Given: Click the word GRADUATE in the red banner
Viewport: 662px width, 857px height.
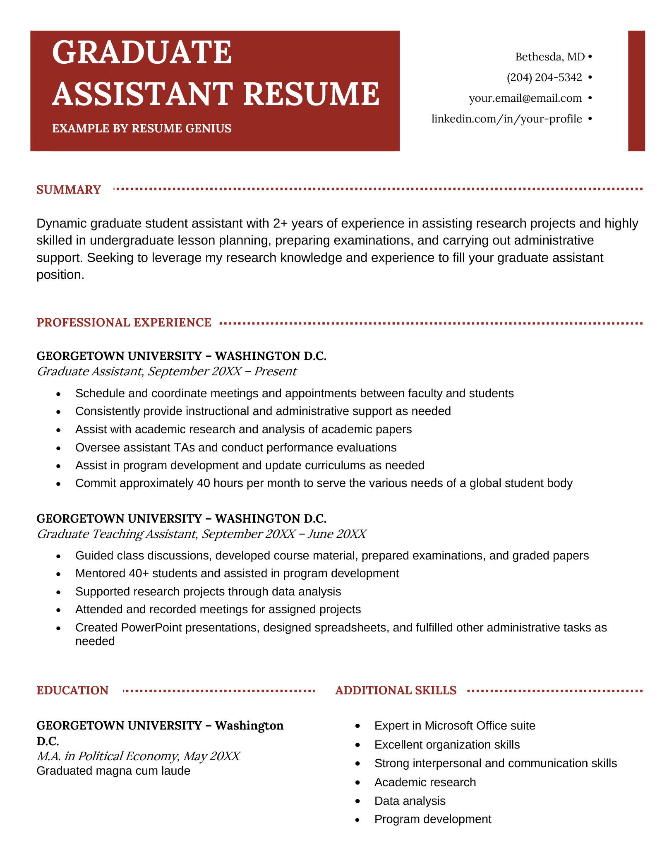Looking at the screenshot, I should click(x=142, y=53).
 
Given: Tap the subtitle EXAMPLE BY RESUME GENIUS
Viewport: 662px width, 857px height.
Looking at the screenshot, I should click(x=142, y=129).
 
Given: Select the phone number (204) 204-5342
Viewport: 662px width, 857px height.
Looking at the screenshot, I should click(x=544, y=77).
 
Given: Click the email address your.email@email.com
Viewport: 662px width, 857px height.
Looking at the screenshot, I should click(x=525, y=98).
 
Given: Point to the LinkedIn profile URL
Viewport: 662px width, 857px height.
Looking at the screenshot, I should click(x=506, y=119).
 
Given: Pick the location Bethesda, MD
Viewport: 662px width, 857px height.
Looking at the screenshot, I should click(x=550, y=57).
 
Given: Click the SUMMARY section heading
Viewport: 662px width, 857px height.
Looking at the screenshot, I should click(x=69, y=190).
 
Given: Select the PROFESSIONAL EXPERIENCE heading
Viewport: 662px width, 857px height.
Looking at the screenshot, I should click(x=124, y=322).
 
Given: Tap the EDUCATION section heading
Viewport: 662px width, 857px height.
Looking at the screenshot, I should click(x=72, y=690).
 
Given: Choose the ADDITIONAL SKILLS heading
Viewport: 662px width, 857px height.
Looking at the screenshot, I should click(x=396, y=690).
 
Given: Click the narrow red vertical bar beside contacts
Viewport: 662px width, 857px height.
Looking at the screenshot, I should click(x=636, y=91).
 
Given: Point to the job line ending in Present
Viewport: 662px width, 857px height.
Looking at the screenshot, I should click(x=166, y=371).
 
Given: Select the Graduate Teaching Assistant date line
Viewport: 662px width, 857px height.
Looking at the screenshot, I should click(x=201, y=534).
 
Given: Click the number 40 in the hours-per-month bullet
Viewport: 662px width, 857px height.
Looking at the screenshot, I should click(x=204, y=483).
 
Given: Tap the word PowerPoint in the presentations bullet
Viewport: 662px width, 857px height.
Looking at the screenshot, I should click(x=151, y=628).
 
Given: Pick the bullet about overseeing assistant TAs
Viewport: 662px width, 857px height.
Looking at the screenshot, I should click(x=235, y=447).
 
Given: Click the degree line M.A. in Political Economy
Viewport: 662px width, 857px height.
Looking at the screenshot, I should click(x=138, y=756).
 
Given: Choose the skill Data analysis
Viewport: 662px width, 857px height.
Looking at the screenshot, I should click(x=410, y=801).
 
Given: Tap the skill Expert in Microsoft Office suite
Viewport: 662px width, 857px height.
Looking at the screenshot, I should click(x=454, y=725).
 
